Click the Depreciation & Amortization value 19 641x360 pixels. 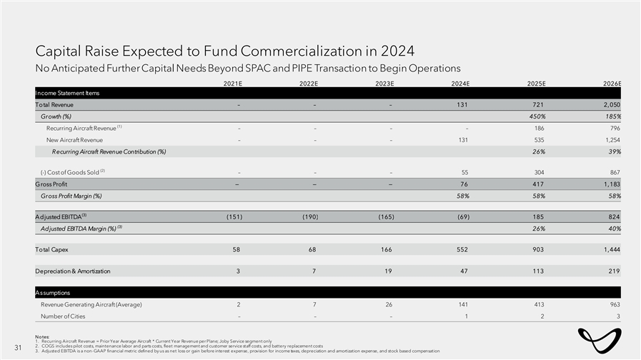click(389, 271)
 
